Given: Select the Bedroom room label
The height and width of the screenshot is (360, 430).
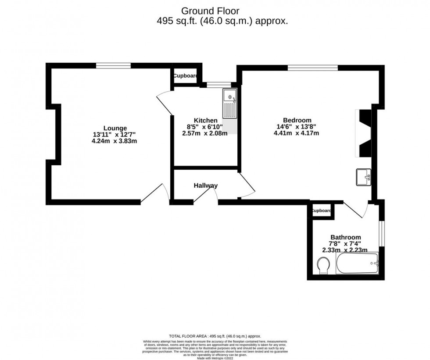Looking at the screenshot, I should tap(297, 120).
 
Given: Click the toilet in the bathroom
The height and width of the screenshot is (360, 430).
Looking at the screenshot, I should tap(324, 265).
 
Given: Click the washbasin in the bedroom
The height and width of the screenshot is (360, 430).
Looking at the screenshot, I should tap(364, 177).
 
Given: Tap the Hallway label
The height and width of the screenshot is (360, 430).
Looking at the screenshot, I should tap(205, 185).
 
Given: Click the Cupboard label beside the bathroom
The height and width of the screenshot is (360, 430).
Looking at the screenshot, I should tap(322, 211).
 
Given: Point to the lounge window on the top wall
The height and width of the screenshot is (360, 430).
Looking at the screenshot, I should tap(114, 66).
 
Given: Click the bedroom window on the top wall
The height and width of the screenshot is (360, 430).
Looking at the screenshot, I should tap(313, 68).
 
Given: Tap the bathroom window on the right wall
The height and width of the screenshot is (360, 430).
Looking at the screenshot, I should tap(382, 233).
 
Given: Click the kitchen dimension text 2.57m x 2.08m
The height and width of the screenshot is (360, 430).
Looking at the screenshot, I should tap(205, 134).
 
